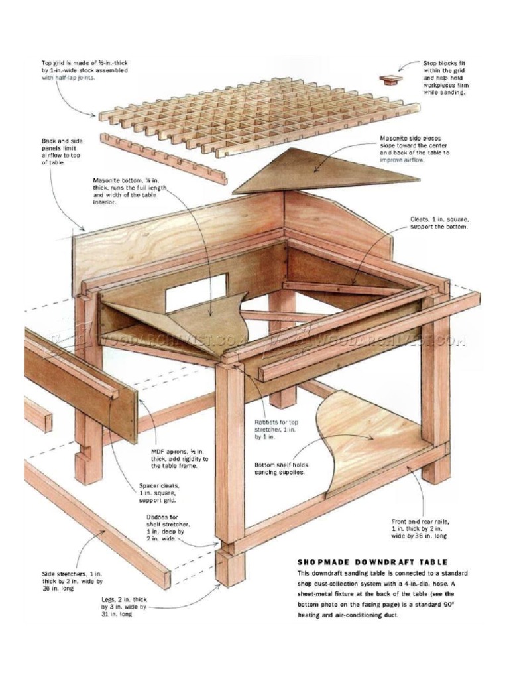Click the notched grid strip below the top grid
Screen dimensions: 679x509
point(163,158)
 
